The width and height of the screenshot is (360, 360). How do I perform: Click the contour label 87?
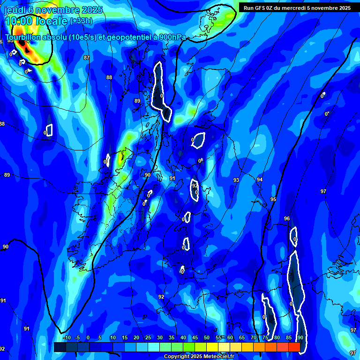point(86,58)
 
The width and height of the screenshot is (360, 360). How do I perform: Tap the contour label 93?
point(236,180)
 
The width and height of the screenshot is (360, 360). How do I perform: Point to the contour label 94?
point(260,180)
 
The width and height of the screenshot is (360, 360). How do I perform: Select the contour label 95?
point(273,200)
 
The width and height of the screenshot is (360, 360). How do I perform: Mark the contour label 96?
point(287,219)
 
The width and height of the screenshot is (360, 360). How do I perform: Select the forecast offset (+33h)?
point(81,21)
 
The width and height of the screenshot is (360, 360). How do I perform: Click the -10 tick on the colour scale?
point(66,338)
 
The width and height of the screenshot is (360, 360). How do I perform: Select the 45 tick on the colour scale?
point(195,338)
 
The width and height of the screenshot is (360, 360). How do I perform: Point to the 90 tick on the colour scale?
point(300,338)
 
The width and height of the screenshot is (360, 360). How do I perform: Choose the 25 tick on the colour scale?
point(148,338)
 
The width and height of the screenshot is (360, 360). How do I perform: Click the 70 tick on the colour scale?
point(254,338)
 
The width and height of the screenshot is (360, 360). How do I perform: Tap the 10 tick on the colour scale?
point(112,338)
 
